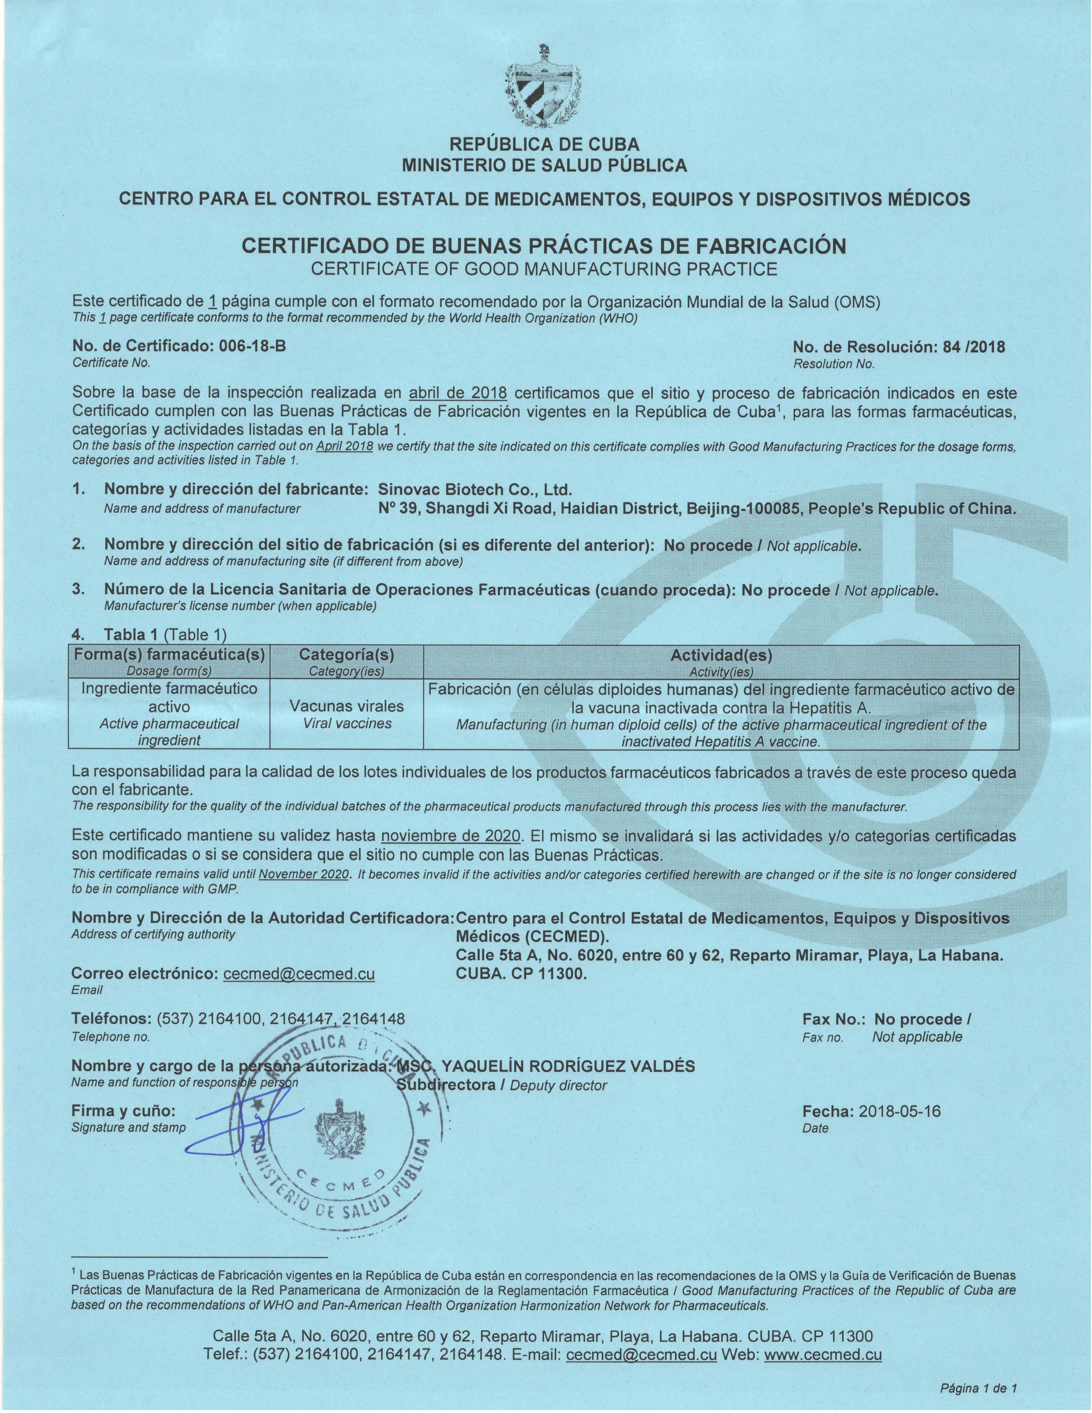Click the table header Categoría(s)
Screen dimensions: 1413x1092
click(x=347, y=655)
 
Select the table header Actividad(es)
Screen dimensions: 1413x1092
click(x=721, y=655)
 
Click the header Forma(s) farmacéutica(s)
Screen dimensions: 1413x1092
click(x=170, y=655)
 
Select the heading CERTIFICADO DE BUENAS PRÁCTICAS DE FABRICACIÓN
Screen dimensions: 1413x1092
click(x=543, y=246)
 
